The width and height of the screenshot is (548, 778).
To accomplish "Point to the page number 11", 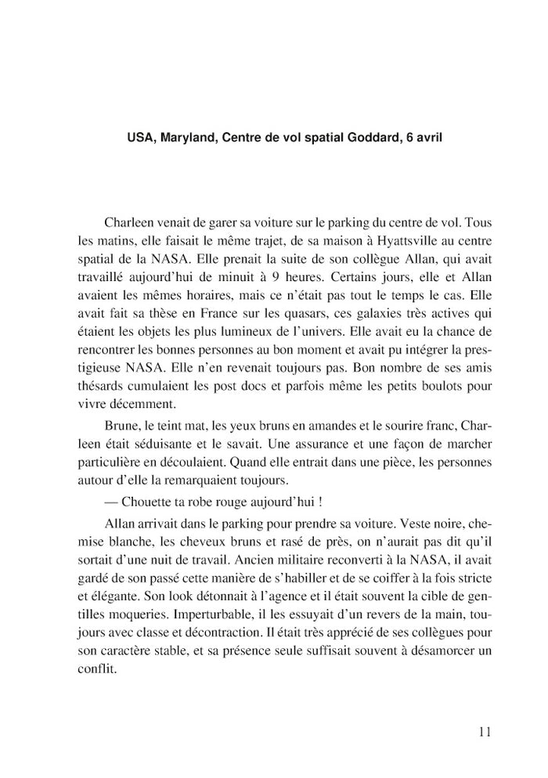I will (x=483, y=732).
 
